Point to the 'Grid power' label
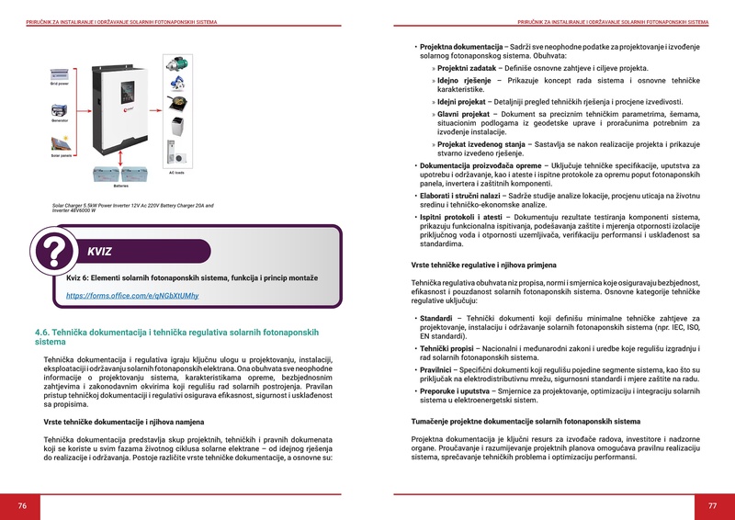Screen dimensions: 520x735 pyautogui.click(x=60, y=84)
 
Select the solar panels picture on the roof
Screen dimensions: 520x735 pyautogui.click(x=60, y=142)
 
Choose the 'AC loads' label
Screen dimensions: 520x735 pyautogui.click(x=175, y=172)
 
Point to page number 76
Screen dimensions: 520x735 pyautogui.click(x=22, y=506)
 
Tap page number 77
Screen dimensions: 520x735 pyautogui.click(x=712, y=506)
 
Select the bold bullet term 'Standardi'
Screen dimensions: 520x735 pyautogui.click(x=437, y=318)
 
